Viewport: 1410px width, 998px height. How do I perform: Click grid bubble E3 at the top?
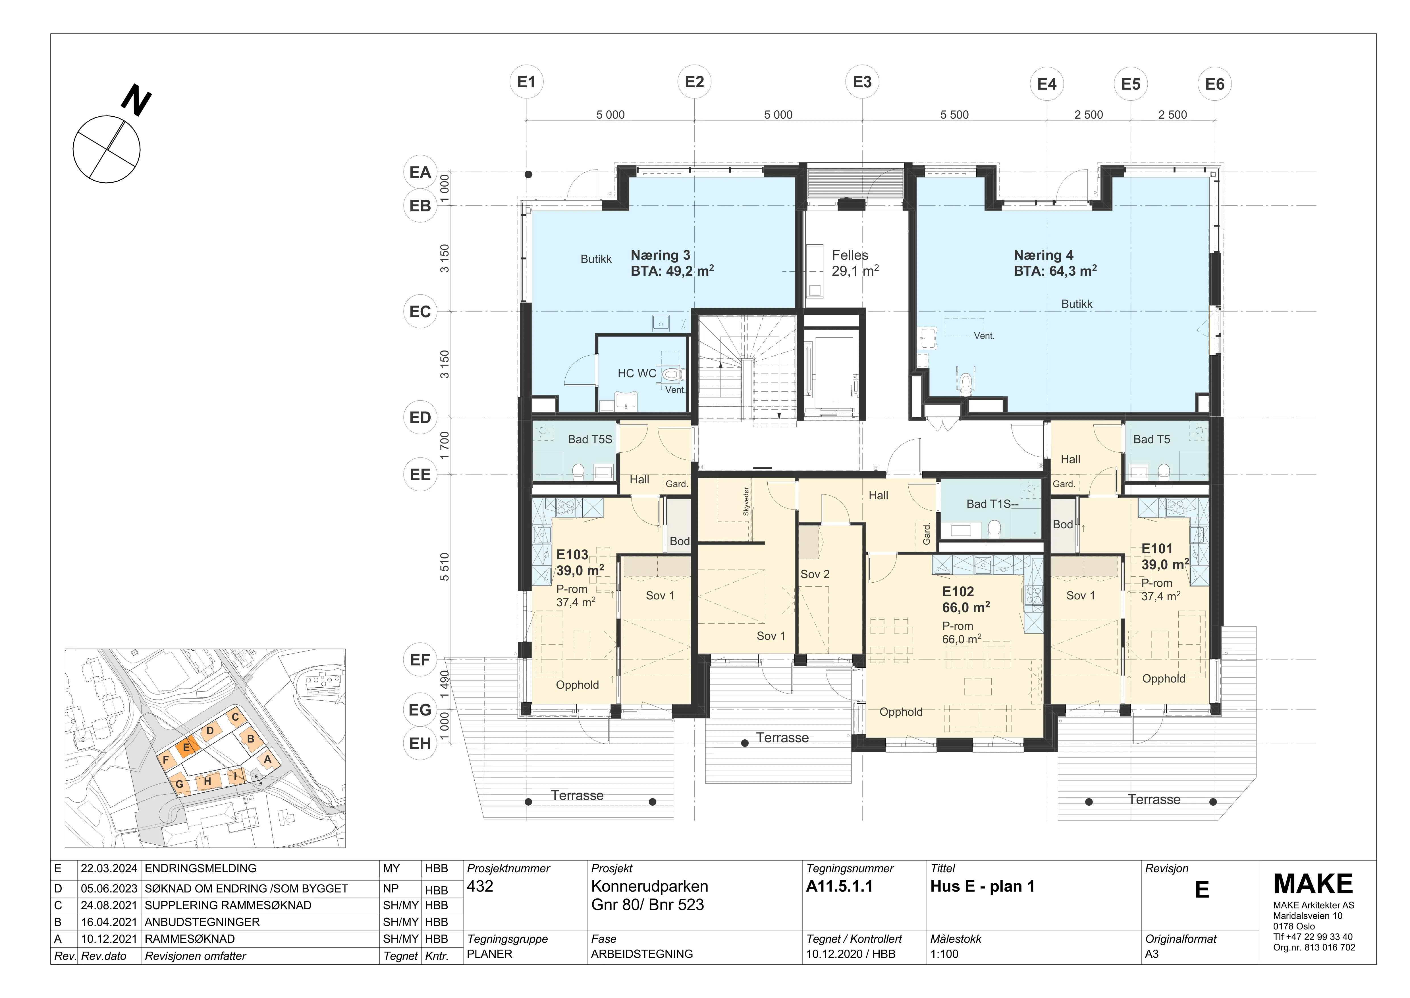(862, 82)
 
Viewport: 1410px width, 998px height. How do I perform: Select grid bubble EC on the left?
(420, 312)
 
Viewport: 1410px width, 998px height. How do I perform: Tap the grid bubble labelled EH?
(420, 744)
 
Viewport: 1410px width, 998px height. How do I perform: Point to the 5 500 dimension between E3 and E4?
(954, 115)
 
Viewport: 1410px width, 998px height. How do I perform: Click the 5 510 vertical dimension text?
(445, 567)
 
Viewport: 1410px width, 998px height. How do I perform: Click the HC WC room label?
(637, 373)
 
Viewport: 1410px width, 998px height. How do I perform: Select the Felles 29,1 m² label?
(855, 263)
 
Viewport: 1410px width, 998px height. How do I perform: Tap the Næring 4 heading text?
(1043, 255)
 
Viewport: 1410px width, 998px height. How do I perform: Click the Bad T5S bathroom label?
(589, 439)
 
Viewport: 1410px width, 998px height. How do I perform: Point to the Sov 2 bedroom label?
(815, 574)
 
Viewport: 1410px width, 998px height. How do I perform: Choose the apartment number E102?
(958, 592)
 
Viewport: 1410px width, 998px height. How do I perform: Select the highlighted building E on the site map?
(187, 747)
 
